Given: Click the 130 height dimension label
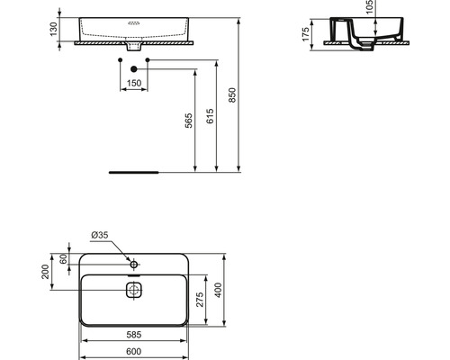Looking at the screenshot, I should point(54,29).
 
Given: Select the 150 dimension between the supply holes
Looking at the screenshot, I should point(133,83).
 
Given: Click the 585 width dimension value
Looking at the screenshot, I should point(133,331).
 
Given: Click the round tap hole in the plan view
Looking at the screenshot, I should point(133,265).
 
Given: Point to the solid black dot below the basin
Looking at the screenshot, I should point(133,68).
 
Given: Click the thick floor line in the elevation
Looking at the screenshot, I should point(133,169).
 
